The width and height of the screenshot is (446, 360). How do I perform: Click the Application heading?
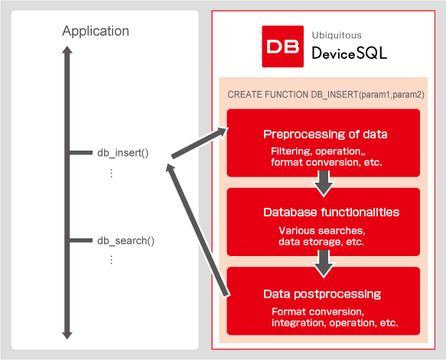coord(96,31)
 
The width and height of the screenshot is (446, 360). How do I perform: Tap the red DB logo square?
coord(283,47)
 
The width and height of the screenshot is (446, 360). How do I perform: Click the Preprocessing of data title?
coord(325,134)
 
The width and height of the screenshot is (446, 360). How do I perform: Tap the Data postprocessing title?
coord(322,294)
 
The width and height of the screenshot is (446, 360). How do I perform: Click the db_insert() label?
coord(122,153)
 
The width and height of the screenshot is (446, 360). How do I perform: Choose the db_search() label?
coord(125,241)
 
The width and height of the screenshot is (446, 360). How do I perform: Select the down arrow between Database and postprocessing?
coord(324,261)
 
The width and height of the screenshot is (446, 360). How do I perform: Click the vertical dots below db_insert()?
coord(111,174)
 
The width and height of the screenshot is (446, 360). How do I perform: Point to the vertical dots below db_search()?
coord(111,260)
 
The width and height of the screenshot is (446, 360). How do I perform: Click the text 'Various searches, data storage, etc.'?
coord(321,235)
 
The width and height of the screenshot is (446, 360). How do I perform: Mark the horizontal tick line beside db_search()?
coord(81,241)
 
